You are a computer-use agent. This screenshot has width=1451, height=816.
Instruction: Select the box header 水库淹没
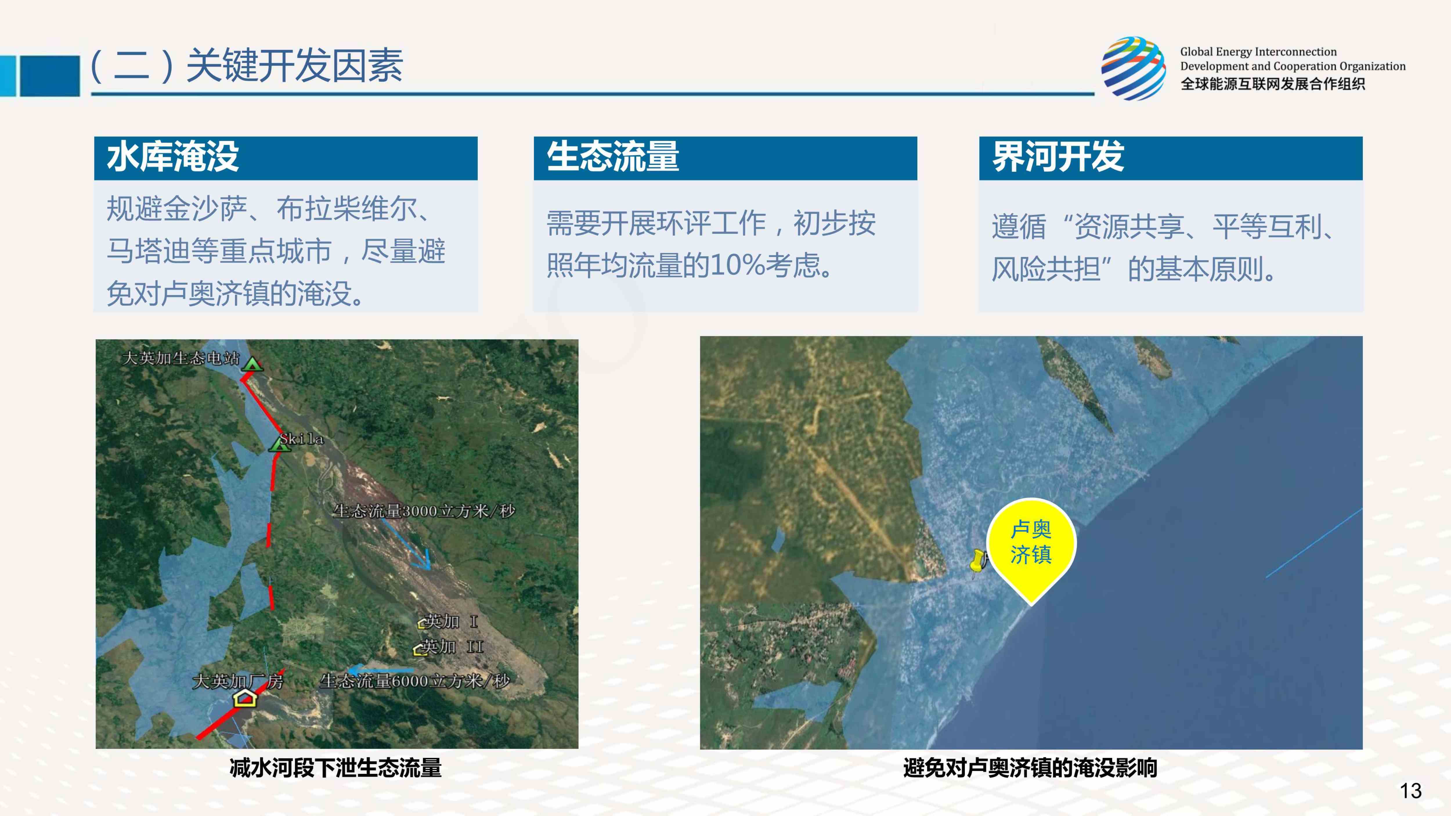point(173,157)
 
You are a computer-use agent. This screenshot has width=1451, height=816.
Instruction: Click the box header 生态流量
point(613,157)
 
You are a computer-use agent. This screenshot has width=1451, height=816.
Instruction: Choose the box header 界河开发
point(1058,157)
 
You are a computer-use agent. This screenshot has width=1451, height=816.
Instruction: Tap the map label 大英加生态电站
point(181,358)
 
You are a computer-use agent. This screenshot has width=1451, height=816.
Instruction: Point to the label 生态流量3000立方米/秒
point(424,511)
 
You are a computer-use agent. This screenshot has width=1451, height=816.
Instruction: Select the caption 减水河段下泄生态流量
point(336,768)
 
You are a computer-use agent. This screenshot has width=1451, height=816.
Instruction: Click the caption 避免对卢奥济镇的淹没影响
point(1030,768)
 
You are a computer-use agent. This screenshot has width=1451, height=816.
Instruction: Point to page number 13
point(1410,791)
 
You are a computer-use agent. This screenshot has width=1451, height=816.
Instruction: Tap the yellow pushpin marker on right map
point(979,561)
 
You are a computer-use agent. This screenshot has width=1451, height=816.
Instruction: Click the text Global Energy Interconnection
point(1258,52)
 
